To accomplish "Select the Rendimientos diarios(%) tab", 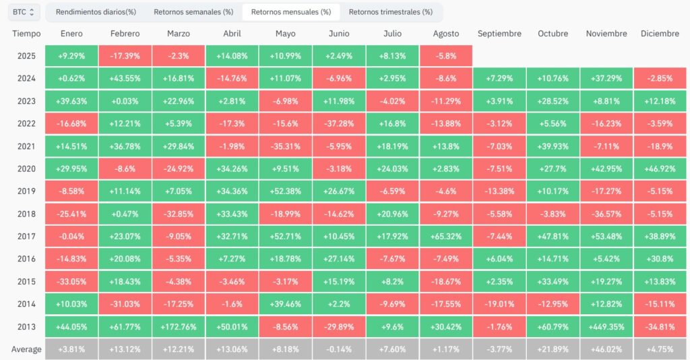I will [x=96, y=12].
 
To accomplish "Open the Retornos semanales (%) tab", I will [x=193, y=12].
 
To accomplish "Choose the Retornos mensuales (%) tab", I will [x=291, y=12].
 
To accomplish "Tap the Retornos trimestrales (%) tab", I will [x=391, y=12].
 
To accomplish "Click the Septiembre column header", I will [x=499, y=34].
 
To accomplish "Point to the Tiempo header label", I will [x=26, y=34].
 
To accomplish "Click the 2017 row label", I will [x=26, y=237].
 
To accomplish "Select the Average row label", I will [x=26, y=349].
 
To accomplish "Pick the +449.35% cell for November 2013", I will [x=606, y=327].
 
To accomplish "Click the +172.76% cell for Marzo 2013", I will [x=178, y=327].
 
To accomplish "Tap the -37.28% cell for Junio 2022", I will [x=339, y=123].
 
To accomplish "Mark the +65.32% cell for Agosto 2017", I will [x=446, y=237].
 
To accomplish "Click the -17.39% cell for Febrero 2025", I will [x=125, y=56].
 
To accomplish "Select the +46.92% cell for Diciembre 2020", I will [x=660, y=169].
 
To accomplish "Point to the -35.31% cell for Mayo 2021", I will [x=285, y=146].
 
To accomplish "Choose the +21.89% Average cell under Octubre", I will [x=553, y=349].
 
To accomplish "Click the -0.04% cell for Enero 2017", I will [x=71, y=237].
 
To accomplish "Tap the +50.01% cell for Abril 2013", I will [x=232, y=327].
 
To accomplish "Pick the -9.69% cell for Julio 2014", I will [x=392, y=304].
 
